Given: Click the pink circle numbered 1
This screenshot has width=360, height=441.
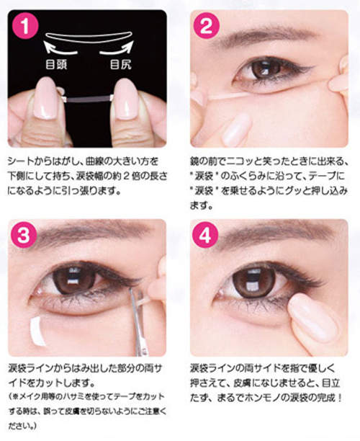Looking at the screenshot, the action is tap(25, 26).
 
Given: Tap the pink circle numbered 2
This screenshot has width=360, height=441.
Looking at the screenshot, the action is tap(206, 26).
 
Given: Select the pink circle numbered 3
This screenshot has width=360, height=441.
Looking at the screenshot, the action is tap(24, 235).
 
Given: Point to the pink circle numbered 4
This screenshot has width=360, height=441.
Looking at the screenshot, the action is tap(205, 235).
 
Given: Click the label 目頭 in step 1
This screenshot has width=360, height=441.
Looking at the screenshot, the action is tap(56, 64).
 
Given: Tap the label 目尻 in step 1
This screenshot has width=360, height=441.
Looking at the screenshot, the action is tap(121, 64).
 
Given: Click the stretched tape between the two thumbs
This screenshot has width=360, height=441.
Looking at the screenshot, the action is tap(89, 99).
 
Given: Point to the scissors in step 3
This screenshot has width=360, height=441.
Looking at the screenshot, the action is tap(138, 321).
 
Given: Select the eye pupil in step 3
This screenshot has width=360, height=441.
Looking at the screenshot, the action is tap(73, 279).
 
